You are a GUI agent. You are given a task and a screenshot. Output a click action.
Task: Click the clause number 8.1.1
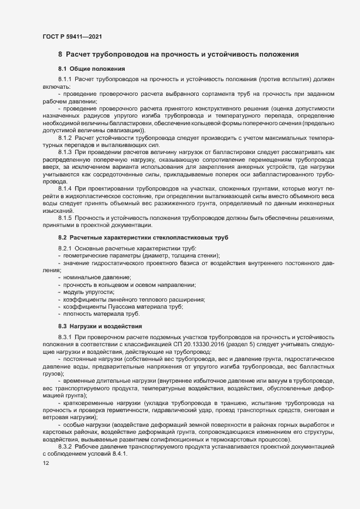pos(65,80)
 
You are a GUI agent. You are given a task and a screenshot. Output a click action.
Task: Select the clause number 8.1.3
pos(65,151)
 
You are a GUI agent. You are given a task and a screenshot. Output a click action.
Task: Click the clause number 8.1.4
pos(65,188)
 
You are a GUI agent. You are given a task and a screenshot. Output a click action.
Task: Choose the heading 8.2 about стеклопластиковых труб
pos(144,238)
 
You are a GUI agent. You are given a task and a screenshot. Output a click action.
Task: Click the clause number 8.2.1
pos(65,249)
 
